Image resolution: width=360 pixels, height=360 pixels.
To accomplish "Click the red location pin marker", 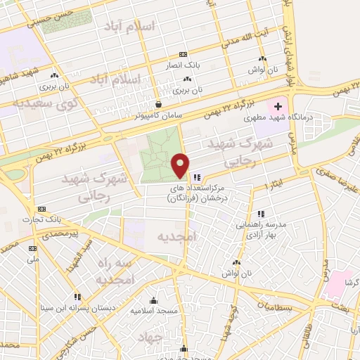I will point(181,165).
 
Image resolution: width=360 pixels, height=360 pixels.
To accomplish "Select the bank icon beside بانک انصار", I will point(184,54).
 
